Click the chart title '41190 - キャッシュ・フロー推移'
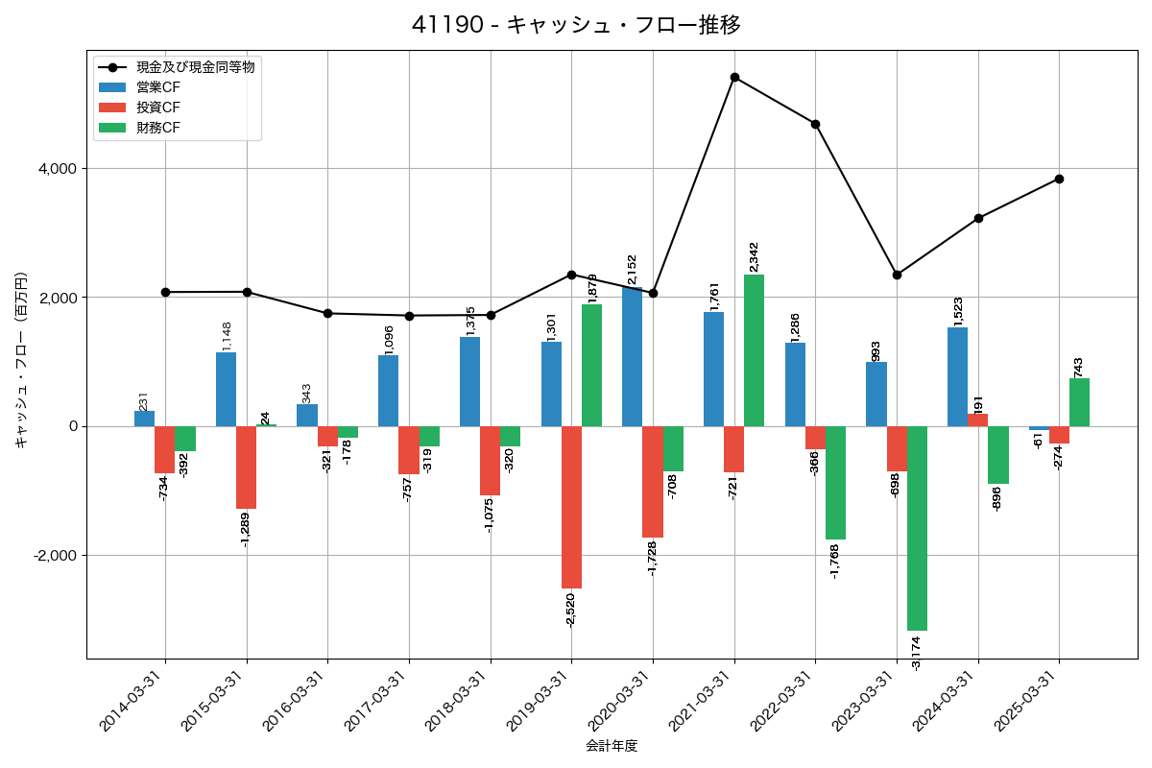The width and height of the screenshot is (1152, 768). [x=576, y=25]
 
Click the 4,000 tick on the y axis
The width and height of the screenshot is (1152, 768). [x=56, y=169]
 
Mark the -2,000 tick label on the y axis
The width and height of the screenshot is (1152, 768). [x=54, y=556]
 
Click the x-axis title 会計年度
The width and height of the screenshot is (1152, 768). [x=612, y=746]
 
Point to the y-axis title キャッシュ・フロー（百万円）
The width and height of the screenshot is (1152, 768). [x=20, y=360]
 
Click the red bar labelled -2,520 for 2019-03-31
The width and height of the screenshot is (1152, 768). [x=571, y=507]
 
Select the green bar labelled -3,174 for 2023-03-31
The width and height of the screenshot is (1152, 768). [x=917, y=528]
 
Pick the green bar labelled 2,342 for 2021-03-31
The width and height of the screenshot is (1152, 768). [x=755, y=350]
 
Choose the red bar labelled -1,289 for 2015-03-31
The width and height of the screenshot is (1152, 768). [x=247, y=468]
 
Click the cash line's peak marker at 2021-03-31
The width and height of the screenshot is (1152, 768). [x=734, y=77]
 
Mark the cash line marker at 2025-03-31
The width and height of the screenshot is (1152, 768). [x=1059, y=179]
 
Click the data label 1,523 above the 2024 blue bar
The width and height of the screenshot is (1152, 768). [x=958, y=310]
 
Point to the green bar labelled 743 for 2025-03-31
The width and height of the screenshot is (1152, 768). [x=1079, y=402]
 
